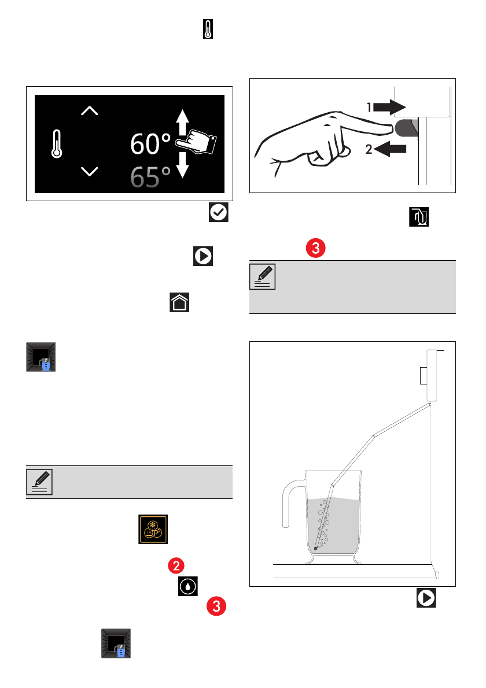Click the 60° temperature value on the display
point(150,144)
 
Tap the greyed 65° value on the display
point(150,177)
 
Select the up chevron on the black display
point(90,110)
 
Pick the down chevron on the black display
point(90,171)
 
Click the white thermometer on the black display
point(57,144)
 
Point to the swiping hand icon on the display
point(196,142)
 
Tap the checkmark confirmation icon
point(219,212)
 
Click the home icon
point(179,302)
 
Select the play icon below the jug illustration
point(426,598)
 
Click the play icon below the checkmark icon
point(203,256)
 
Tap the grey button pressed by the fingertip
point(407,128)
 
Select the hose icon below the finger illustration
point(419,217)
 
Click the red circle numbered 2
point(176,565)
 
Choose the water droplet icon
point(188,586)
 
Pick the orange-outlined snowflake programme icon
point(153,529)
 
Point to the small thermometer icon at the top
point(208,29)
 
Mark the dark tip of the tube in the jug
point(316,548)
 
